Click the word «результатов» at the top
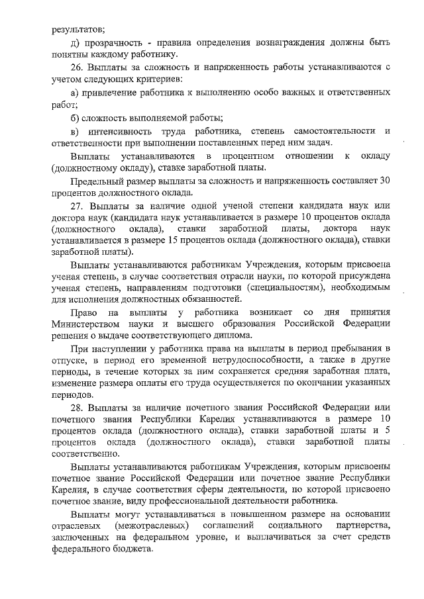[x=78, y=28]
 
